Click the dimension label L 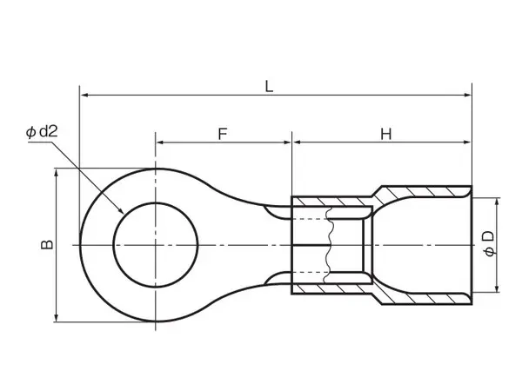coord(269,86)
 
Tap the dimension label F coord(223,134)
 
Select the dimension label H coord(385,135)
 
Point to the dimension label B coord(47,244)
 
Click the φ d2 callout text coord(42,132)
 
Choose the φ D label coord(489,243)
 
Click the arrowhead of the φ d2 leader coord(121,210)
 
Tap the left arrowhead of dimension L coord(84,95)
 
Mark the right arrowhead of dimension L coord(467,95)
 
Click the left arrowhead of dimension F coord(160,142)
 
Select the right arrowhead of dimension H coord(466,142)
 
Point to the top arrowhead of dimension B coord(57,173)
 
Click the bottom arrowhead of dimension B coord(57,317)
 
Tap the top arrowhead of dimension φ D coord(498,202)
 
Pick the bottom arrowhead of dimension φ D coord(498,288)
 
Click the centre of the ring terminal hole coord(156,245)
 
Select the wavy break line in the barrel coord(329,245)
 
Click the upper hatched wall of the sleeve coord(383,197)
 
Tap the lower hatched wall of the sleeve coord(383,294)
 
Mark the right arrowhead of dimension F coord(286,142)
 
